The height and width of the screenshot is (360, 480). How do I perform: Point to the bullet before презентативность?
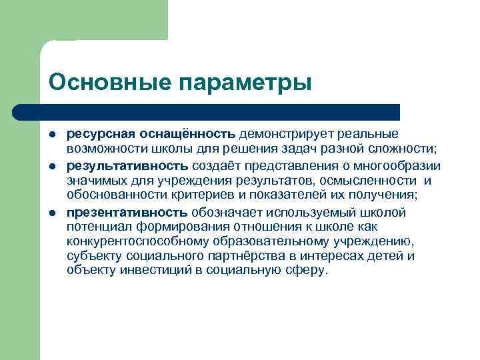(53, 213)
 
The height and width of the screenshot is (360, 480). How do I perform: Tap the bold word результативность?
(128, 165)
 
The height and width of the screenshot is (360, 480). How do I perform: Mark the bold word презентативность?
(127, 213)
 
